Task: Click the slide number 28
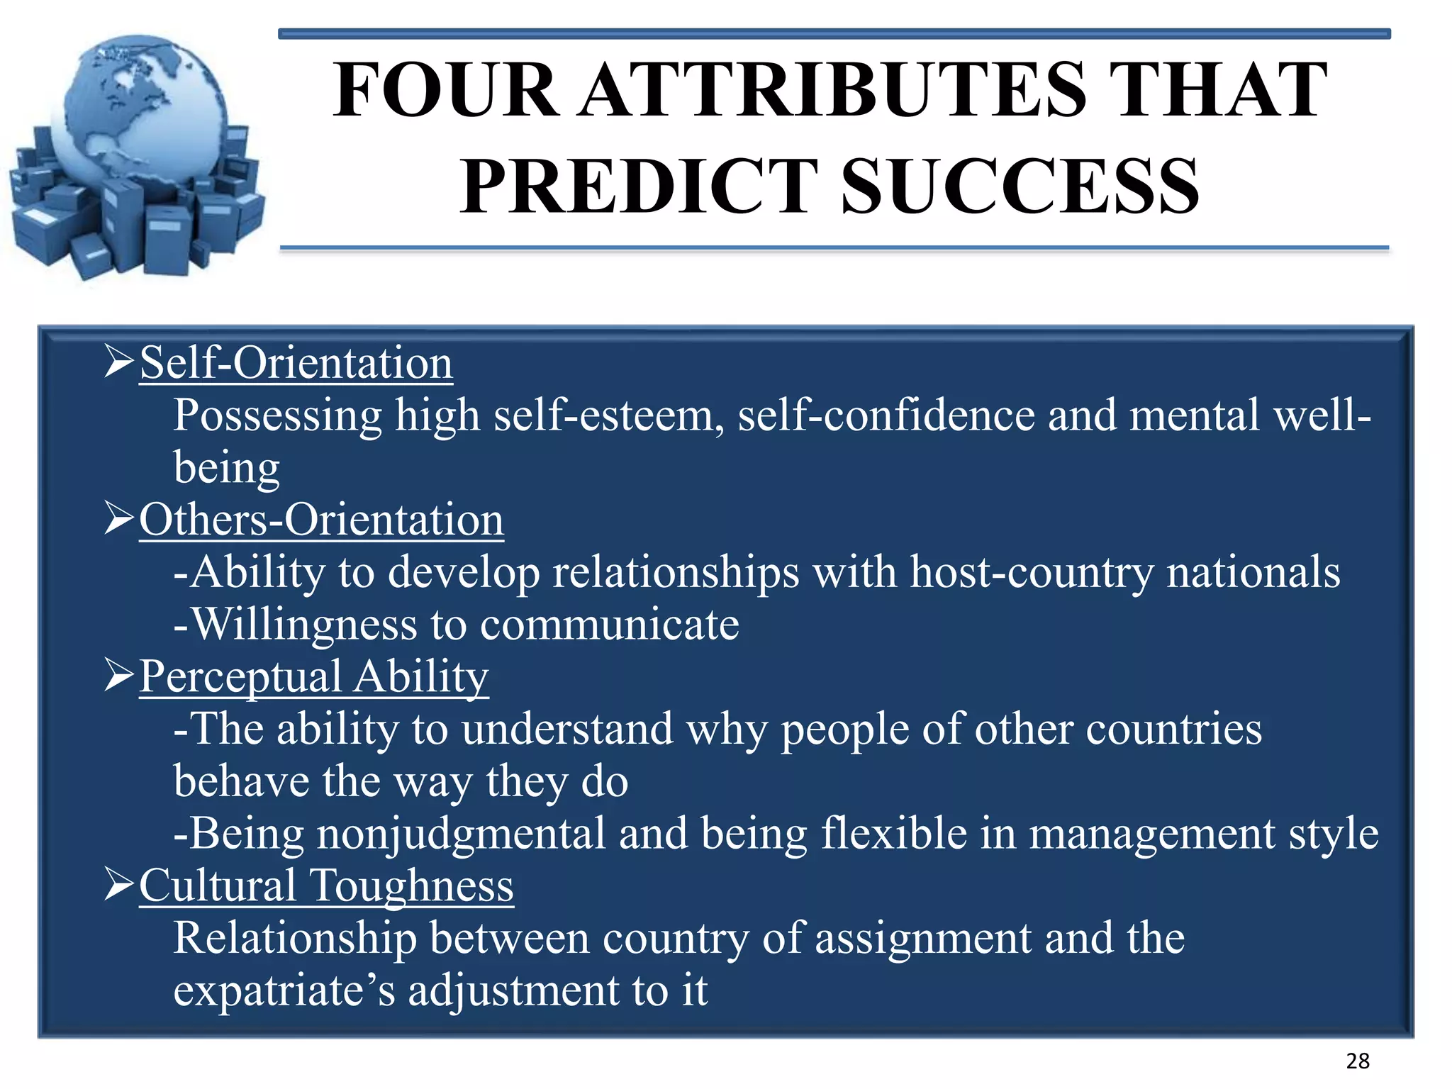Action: pos(1358,1061)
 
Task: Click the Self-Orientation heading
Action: pos(296,364)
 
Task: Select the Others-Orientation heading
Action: pos(321,520)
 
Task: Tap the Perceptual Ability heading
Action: pos(313,677)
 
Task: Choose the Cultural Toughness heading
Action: pos(326,886)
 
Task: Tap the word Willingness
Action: pos(305,625)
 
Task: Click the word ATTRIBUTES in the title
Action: pos(833,91)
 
